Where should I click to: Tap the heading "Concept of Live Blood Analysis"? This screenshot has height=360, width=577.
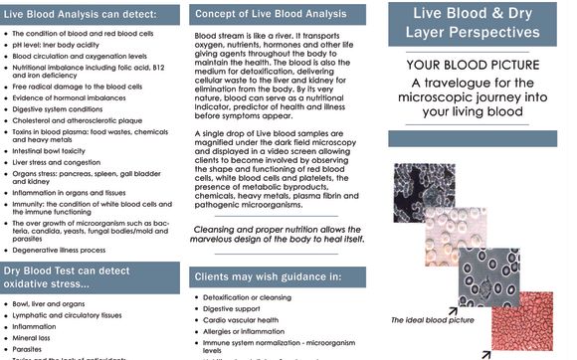pyautogui.click(x=270, y=15)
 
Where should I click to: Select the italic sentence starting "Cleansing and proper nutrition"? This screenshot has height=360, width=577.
pyautogui.click(x=280, y=235)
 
